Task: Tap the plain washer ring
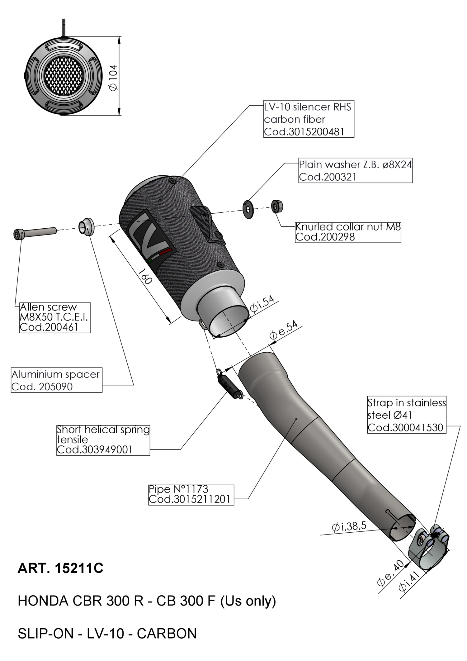[248, 208]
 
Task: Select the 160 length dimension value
[145, 276]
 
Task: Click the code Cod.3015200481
[304, 132]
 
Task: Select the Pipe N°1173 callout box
[191, 495]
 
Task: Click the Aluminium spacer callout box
[57, 380]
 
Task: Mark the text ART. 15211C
[60, 568]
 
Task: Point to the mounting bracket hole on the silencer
[204, 215]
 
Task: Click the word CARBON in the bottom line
[167, 634]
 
